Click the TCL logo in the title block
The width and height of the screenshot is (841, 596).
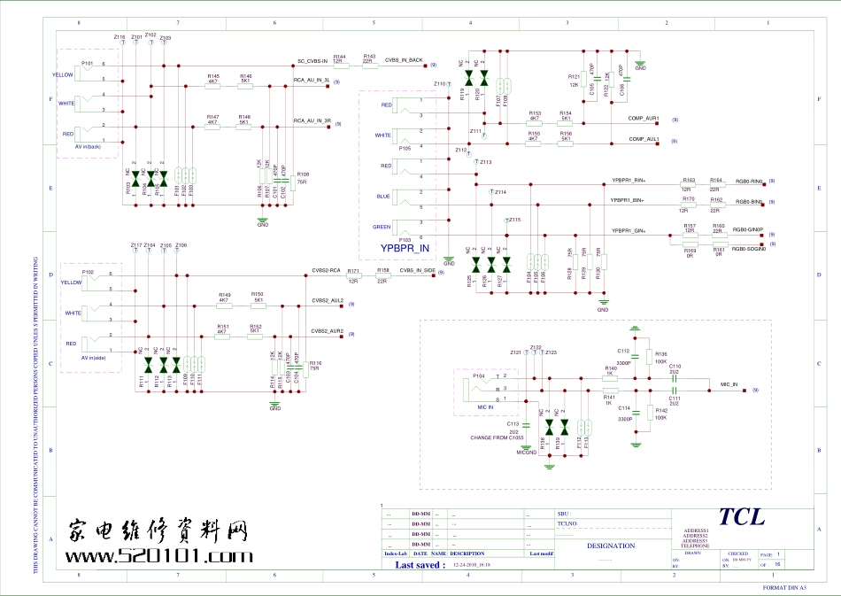coord(741,516)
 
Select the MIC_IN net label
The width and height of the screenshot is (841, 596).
coord(729,385)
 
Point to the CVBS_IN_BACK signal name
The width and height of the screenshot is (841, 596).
coord(404,60)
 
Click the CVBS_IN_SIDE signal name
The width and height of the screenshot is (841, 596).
coord(417,271)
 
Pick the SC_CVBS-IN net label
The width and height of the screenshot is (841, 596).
coord(312,61)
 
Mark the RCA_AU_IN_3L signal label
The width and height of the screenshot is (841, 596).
coord(312,80)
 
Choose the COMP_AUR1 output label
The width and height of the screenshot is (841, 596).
coord(644,118)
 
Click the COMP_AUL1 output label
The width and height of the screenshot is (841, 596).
coord(644,139)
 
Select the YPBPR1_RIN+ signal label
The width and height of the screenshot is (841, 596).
coord(629,180)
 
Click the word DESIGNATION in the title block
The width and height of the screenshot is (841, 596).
coord(611,546)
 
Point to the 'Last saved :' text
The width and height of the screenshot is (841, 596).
coord(420,564)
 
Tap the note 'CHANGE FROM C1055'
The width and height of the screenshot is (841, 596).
coord(498,437)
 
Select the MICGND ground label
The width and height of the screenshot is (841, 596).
coord(527,452)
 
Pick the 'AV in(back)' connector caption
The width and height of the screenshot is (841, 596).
coord(88,146)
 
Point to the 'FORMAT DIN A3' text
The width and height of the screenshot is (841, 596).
coord(786,587)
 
